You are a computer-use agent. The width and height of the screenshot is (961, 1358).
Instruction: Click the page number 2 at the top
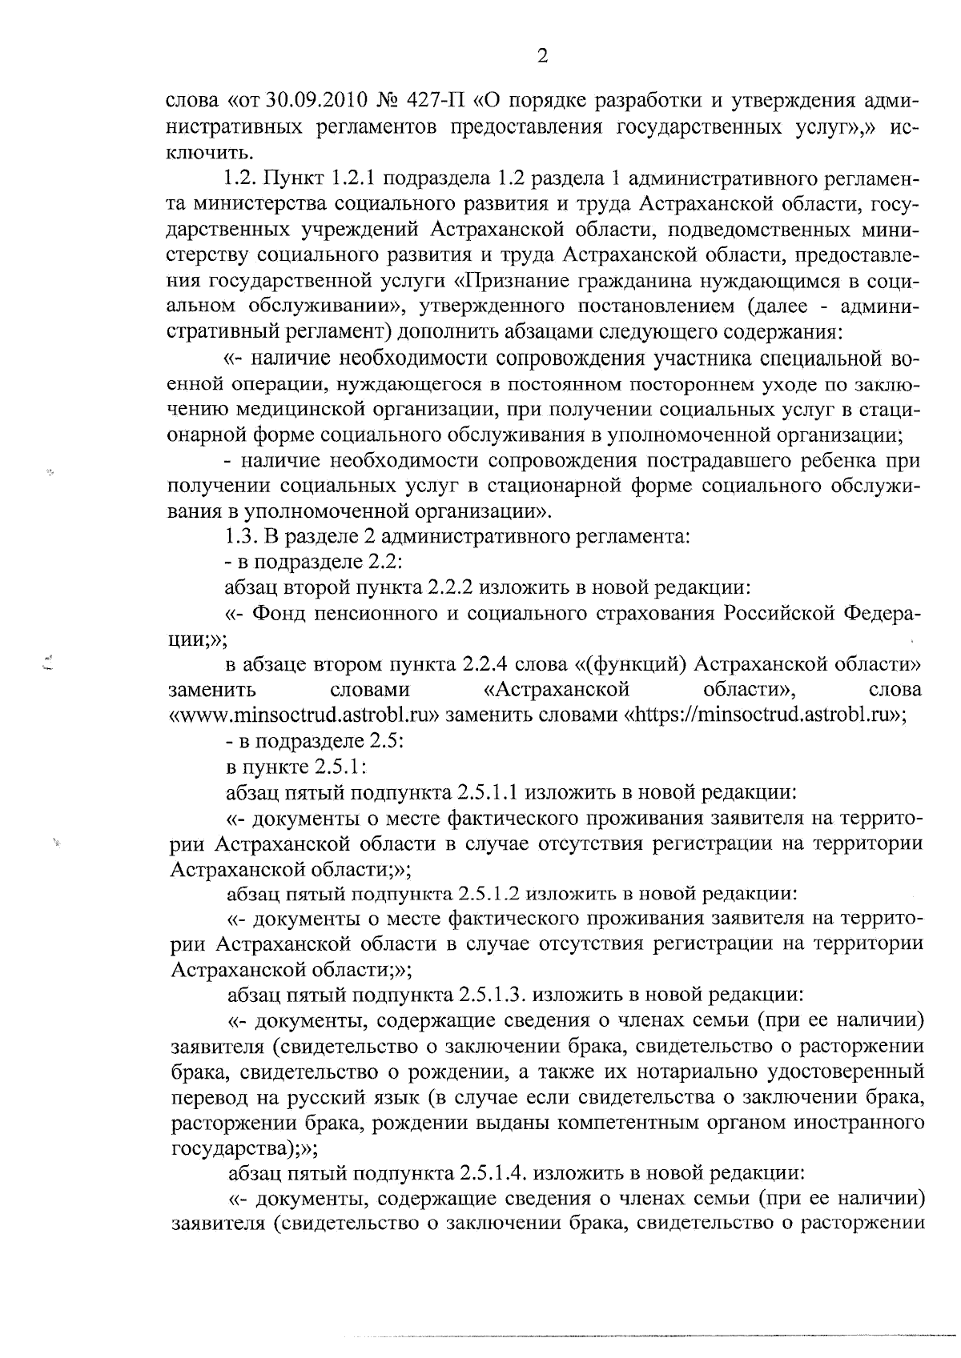click(x=542, y=56)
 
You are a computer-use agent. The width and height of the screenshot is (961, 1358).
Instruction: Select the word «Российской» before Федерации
click(x=780, y=615)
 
